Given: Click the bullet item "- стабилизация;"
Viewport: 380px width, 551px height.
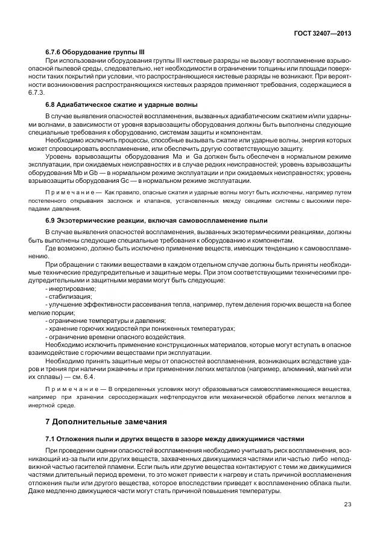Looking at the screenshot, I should point(68,296).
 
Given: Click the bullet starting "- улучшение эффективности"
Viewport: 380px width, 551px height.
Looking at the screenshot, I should point(151,304).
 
